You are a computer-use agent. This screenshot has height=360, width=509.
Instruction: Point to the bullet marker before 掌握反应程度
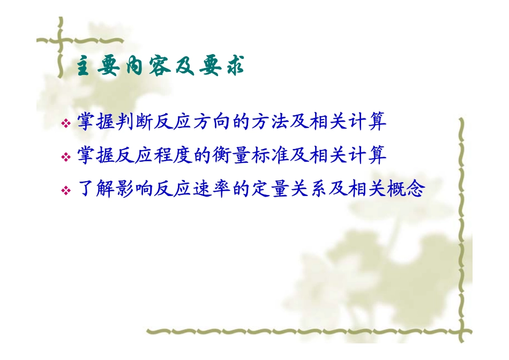(x=66, y=157)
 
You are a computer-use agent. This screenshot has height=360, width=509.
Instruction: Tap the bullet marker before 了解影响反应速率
(x=66, y=191)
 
